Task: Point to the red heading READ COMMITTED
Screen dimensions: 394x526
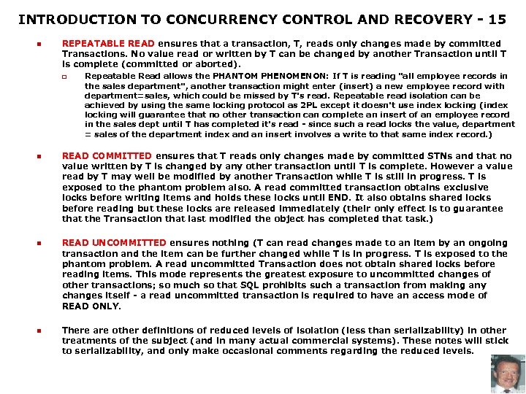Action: tap(107, 156)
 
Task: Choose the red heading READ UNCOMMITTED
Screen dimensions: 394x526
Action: tap(114, 243)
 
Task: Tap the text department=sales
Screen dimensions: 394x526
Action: tap(118, 96)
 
